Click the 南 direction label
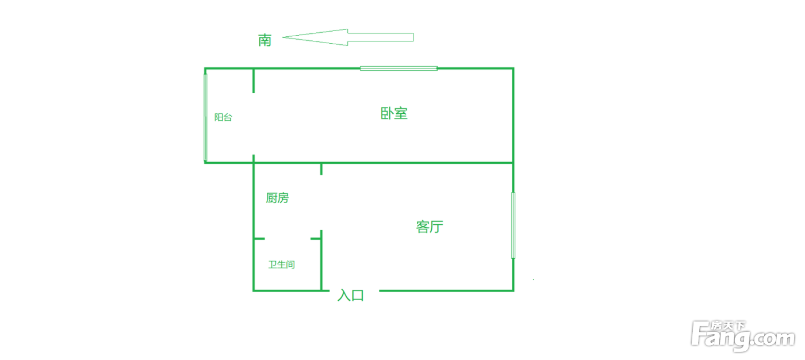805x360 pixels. click(x=264, y=40)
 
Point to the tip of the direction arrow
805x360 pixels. click(x=282, y=37)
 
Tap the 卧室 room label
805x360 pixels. click(x=394, y=113)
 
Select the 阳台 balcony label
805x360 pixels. click(x=223, y=117)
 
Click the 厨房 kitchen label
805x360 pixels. click(x=277, y=198)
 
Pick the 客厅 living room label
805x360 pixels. click(x=430, y=227)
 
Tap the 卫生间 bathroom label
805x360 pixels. click(x=281, y=265)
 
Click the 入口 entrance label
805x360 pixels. click(x=351, y=296)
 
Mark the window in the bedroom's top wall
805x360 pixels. click(x=398, y=68)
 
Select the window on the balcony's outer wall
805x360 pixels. click(x=206, y=117)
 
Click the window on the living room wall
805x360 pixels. click(x=513, y=225)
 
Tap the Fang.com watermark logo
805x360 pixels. click(x=742, y=336)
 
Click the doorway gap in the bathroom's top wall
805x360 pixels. click(x=287, y=239)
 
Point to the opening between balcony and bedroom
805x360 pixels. click(x=254, y=124)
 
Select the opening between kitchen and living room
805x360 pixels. click(x=321, y=202)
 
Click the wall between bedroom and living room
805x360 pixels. click(x=384, y=163)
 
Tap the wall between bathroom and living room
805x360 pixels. click(x=321, y=261)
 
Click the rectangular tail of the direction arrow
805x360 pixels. click(x=381, y=37)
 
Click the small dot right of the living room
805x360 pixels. click(x=534, y=279)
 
